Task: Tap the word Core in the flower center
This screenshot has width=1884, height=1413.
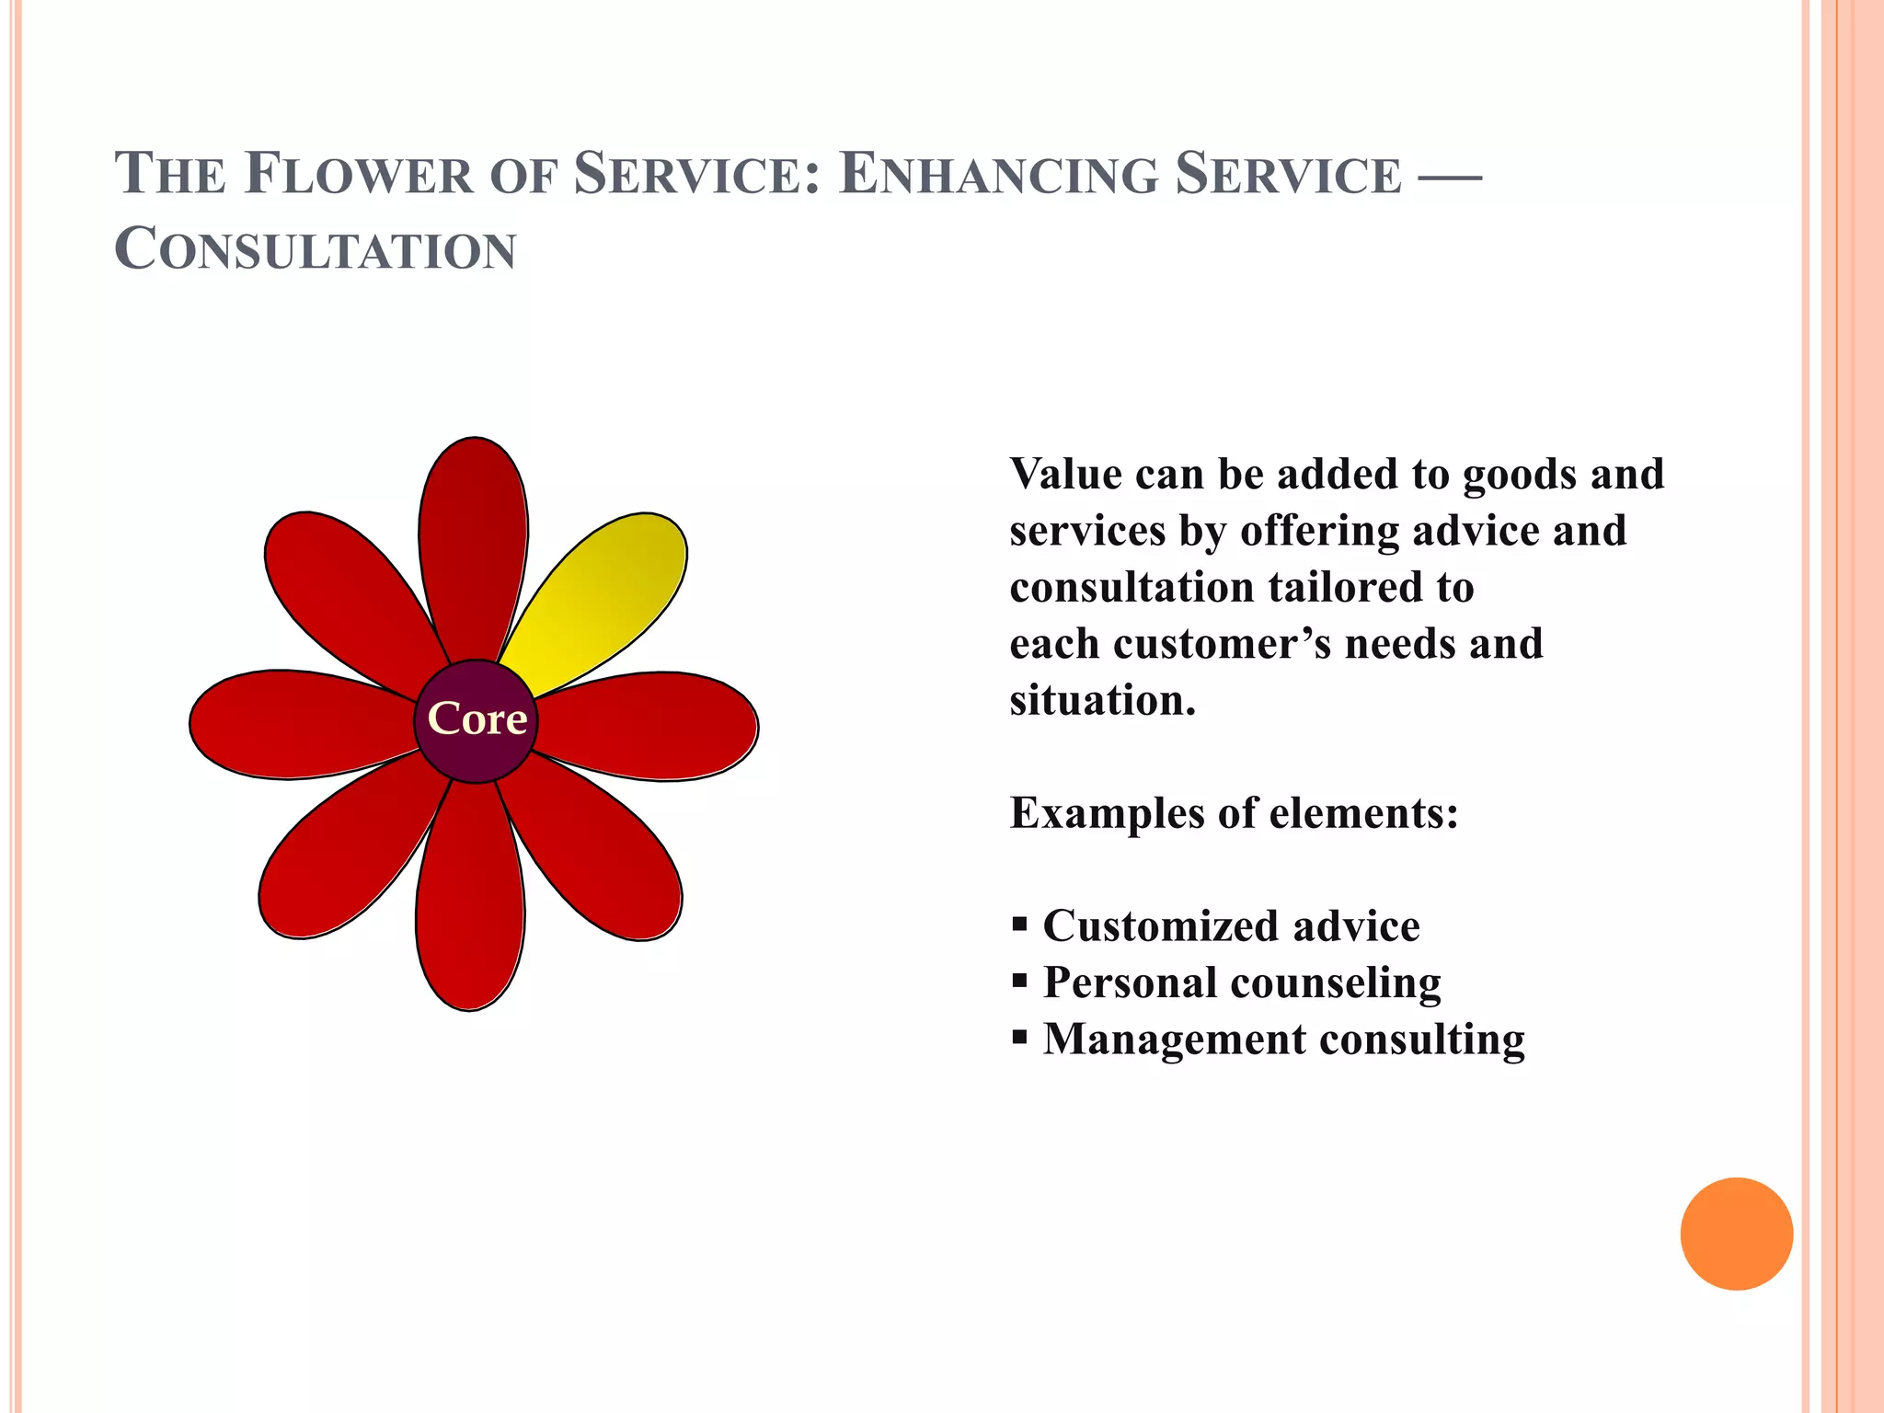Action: (477, 719)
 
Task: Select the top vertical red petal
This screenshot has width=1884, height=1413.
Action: (473, 543)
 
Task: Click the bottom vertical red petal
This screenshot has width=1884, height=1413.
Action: (470, 902)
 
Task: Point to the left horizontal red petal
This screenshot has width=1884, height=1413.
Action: (294, 724)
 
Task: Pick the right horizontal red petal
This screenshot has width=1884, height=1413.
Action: (653, 726)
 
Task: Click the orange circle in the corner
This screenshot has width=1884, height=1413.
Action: (1736, 1234)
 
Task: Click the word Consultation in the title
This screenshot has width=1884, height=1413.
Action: (316, 250)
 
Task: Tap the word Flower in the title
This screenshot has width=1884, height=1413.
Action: (359, 175)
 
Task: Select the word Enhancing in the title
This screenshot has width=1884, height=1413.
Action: (998, 175)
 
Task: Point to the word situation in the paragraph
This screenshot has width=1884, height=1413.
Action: (1102, 701)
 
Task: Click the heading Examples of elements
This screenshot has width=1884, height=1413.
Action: (1234, 813)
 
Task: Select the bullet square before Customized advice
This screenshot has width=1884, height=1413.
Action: (1019, 924)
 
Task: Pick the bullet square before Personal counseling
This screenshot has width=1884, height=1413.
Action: (1019, 981)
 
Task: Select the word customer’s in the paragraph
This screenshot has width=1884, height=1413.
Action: (1222, 644)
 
